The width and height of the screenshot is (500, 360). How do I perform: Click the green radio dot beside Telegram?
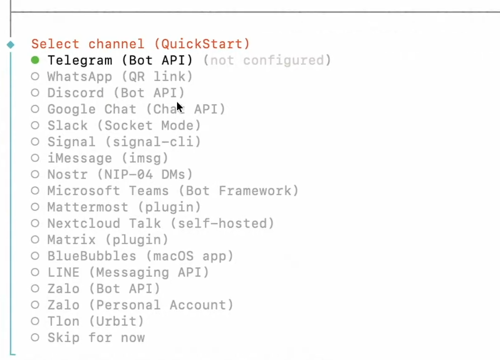(x=35, y=60)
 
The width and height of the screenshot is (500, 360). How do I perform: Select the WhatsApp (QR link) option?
(x=120, y=77)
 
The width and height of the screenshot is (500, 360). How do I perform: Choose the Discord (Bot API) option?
(x=116, y=93)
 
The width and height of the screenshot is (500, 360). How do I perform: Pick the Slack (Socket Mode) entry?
(x=124, y=126)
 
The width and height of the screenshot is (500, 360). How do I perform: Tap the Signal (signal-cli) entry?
(x=124, y=142)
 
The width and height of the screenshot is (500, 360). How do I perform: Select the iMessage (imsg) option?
(x=108, y=158)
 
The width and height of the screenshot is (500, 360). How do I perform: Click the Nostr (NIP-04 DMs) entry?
(x=120, y=174)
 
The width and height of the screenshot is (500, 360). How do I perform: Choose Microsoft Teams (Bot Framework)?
(x=173, y=191)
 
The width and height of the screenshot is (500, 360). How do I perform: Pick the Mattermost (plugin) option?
(x=124, y=207)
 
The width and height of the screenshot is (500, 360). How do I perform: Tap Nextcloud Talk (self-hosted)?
(x=161, y=223)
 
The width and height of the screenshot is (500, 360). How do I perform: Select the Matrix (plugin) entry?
(x=108, y=240)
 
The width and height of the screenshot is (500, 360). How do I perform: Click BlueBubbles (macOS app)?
(x=140, y=256)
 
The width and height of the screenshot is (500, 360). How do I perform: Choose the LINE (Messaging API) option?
(x=128, y=272)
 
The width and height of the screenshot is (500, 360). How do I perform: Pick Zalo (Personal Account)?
(x=140, y=305)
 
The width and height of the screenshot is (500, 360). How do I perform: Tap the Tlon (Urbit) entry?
(x=96, y=321)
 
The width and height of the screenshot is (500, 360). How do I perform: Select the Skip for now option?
(x=96, y=338)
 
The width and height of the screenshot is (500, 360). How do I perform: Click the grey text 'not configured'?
(x=267, y=60)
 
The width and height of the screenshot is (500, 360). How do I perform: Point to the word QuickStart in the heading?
(x=202, y=44)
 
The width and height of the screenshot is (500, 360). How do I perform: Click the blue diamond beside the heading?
(x=11, y=45)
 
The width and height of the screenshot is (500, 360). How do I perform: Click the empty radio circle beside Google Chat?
(x=35, y=109)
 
